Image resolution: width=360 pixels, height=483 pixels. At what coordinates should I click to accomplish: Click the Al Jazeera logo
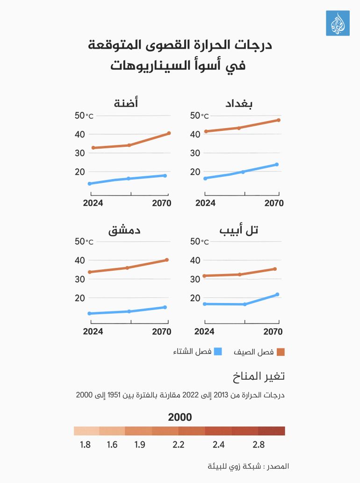pos(338,23)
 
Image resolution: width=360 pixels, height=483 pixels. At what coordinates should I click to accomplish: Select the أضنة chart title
pos(126,103)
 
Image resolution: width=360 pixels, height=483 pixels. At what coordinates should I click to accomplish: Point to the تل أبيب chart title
pos(239,230)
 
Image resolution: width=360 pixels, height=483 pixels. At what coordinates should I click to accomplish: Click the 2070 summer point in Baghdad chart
pos(278,120)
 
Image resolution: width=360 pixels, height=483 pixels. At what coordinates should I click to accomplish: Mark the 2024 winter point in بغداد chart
pos(205,178)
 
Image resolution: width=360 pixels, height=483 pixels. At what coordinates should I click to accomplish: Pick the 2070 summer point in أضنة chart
pos(169,133)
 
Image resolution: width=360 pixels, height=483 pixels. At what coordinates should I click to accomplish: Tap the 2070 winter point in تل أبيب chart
pos(277,295)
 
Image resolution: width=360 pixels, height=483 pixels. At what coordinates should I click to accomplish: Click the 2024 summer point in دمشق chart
pos(89,272)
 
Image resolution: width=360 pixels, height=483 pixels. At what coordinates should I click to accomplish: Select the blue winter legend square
pos(218,352)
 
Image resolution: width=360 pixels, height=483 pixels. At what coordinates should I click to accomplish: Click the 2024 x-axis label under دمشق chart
pos(93,332)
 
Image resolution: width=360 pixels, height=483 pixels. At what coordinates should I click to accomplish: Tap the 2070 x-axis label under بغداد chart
pos(274,203)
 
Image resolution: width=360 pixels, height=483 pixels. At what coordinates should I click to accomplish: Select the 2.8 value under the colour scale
pos(259,445)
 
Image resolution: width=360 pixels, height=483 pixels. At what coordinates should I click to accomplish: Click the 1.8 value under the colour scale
pos(85,445)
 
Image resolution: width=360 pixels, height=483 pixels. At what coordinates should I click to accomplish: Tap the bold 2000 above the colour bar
pos(180,417)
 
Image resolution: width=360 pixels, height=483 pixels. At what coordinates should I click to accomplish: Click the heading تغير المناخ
pos(259,377)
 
